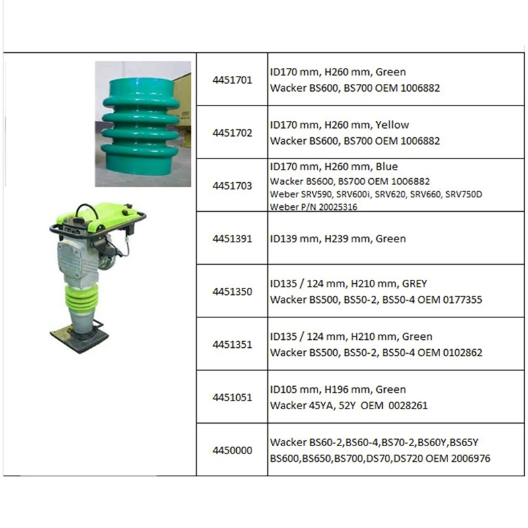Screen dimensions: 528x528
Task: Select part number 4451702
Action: (x=232, y=132)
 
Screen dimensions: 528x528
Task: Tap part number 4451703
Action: (x=232, y=186)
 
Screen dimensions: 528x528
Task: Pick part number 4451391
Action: (x=232, y=239)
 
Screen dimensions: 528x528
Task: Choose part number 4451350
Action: (x=232, y=292)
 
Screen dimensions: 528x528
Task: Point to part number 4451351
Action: (x=232, y=345)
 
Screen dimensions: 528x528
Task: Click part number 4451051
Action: (x=232, y=397)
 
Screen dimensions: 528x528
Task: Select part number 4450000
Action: (x=232, y=451)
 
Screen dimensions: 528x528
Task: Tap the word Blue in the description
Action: (x=385, y=166)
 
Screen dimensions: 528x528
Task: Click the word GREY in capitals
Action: (x=412, y=284)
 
